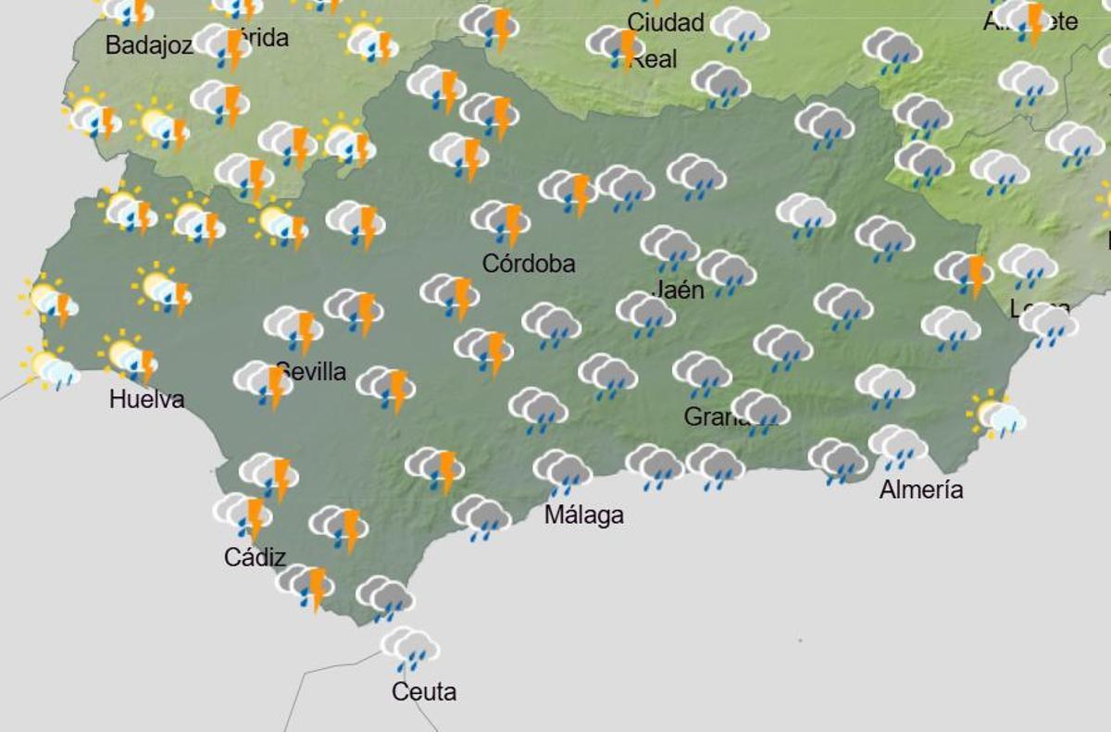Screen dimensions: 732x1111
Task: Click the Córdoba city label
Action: (x=529, y=264)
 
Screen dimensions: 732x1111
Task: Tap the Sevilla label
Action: (x=313, y=372)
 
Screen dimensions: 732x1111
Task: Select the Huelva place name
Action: (x=146, y=400)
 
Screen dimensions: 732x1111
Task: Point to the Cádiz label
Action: (x=255, y=557)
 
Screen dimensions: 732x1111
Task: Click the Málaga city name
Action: (x=583, y=515)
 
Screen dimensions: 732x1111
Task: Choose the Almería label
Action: (x=920, y=490)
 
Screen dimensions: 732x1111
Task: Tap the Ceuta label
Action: (x=424, y=691)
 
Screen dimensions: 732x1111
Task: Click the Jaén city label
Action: (x=679, y=290)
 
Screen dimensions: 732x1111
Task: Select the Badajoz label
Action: (x=149, y=44)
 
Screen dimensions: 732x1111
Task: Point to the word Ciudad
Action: (x=666, y=22)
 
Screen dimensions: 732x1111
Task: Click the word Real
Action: (x=655, y=59)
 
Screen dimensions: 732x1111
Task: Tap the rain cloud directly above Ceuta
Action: (x=409, y=647)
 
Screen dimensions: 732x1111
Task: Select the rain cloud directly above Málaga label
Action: (x=562, y=471)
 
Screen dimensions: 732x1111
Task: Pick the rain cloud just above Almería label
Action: (x=897, y=446)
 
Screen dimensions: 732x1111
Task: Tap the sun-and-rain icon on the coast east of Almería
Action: (x=996, y=415)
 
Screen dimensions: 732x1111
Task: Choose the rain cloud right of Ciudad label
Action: (x=740, y=28)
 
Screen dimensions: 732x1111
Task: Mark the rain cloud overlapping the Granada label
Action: (x=760, y=411)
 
